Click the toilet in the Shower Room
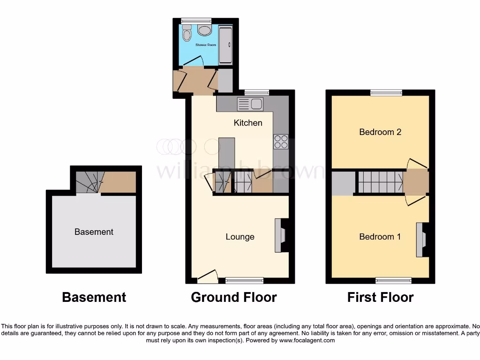click(x=187, y=34)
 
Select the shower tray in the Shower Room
click(x=225, y=45)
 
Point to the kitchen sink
click(x=251, y=104)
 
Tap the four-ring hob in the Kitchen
click(x=281, y=142)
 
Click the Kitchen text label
click(x=248, y=123)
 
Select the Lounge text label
click(x=240, y=237)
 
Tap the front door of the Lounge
click(x=208, y=277)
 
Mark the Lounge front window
click(x=244, y=280)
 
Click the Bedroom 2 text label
click(x=380, y=132)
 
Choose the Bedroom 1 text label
click(x=380, y=237)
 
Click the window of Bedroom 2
click(x=386, y=93)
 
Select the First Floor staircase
click(x=380, y=182)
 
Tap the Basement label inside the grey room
click(x=94, y=232)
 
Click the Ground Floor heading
click(x=234, y=297)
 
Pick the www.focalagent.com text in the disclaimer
click(x=307, y=340)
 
